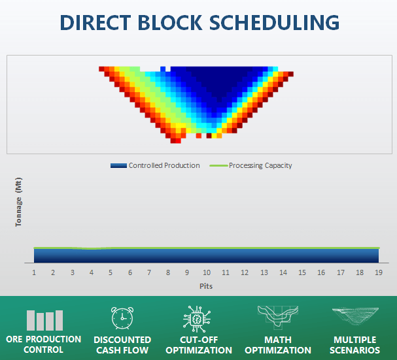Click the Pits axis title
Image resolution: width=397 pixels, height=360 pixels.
[x=206, y=286]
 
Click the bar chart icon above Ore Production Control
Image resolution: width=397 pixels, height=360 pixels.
[x=44, y=320]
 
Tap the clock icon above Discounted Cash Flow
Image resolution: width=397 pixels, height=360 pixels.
[x=122, y=318]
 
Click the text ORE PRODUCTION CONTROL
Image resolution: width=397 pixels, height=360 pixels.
[x=44, y=344]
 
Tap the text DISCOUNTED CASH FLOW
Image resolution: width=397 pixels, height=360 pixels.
[x=122, y=345]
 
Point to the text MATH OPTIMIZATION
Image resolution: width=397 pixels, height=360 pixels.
[x=278, y=345]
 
